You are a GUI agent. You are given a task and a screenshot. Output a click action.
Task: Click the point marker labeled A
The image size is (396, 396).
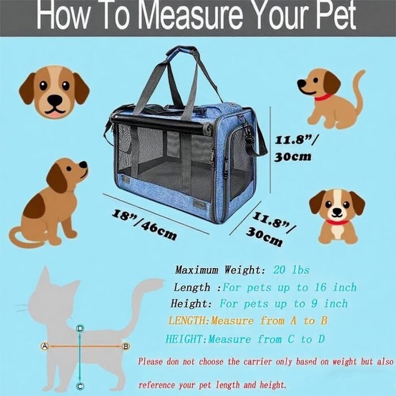45,346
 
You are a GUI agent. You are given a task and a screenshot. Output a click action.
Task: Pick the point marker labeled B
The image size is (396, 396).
126,346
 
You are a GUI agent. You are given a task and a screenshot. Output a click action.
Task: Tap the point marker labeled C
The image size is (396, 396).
80,386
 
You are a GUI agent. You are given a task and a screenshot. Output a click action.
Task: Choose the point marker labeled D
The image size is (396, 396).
80,329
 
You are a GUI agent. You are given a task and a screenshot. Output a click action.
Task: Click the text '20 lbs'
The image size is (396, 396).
291,270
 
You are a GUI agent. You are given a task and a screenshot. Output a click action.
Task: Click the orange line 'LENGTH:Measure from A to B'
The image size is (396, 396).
248,321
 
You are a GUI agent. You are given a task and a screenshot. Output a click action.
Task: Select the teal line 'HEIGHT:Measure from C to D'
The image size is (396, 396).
245,339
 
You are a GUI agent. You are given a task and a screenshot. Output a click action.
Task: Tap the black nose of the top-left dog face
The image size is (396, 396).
54,100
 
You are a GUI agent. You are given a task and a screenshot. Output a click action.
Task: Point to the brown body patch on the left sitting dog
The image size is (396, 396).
35,206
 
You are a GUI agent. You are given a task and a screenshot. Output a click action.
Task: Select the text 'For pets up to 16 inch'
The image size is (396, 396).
290,287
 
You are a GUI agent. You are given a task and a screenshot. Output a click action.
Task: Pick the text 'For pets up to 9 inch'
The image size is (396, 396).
283,304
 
